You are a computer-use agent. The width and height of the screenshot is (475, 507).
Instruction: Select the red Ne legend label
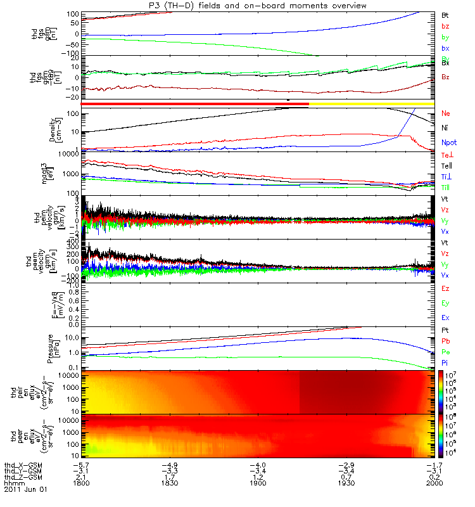(446, 113)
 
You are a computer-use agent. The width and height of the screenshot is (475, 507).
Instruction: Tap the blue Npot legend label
(448, 143)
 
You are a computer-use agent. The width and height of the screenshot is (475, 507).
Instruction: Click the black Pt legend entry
(445, 331)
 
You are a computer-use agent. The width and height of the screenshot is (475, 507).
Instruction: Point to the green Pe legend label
(445, 351)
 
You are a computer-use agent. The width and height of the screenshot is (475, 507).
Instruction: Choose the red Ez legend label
(445, 289)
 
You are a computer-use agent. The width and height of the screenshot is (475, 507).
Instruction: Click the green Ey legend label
(445, 303)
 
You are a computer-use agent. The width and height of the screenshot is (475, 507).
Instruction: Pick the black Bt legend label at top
(445, 14)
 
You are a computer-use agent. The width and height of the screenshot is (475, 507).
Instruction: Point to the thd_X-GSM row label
(22, 464)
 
